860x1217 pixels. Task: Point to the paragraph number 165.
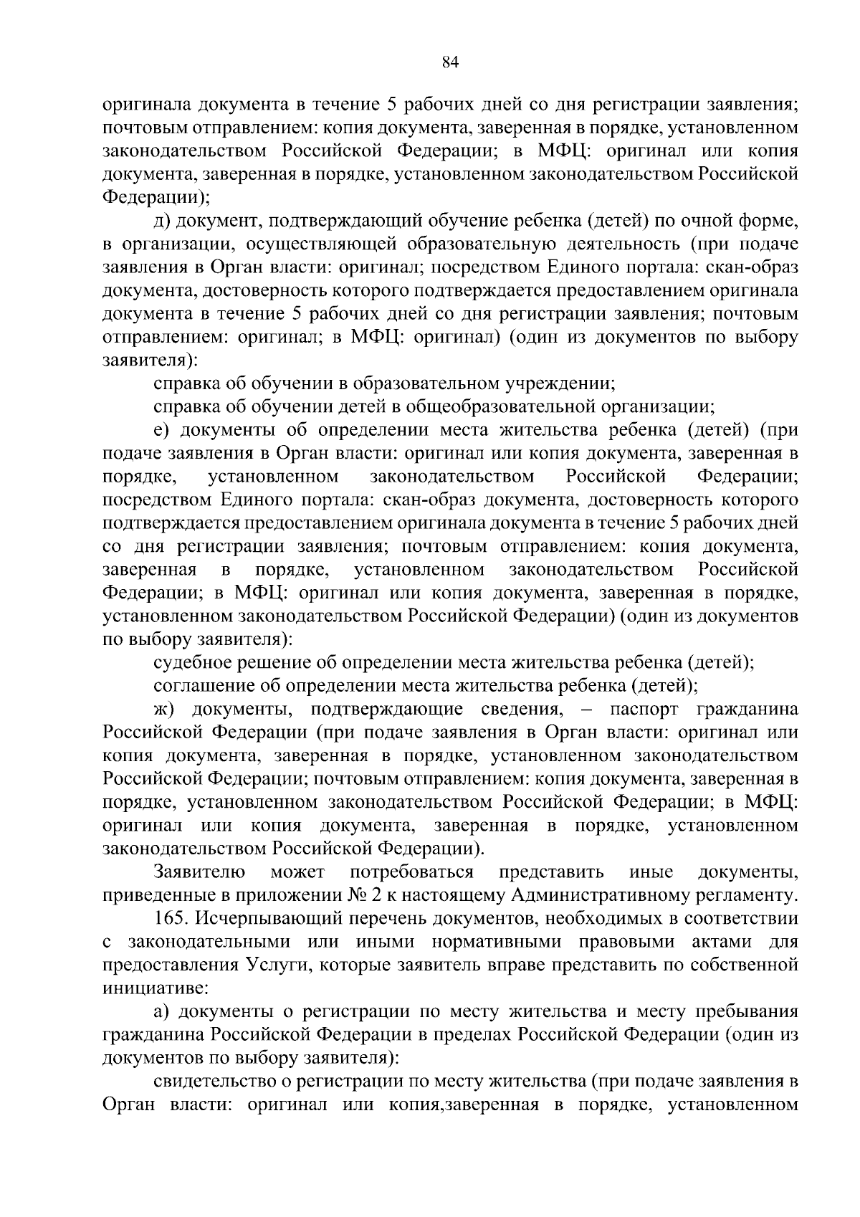168,918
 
